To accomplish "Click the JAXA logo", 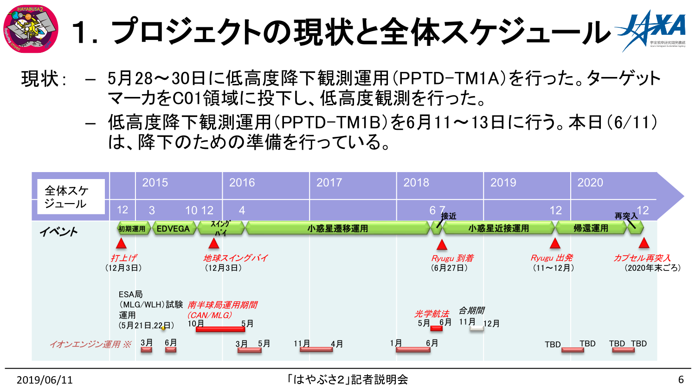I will [x=652, y=30].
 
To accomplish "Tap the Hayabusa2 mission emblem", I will [x=31, y=29].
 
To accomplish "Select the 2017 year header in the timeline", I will [x=329, y=183].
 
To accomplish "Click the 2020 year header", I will [x=590, y=183].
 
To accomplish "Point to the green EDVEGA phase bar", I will [x=174, y=228].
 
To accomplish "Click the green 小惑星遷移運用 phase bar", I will [x=337, y=228].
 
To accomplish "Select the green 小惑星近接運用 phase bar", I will [x=498, y=228].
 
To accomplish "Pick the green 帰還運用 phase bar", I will [x=591, y=228].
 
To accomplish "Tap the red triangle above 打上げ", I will [x=121, y=244].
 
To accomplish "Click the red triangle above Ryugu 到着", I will [x=442, y=244].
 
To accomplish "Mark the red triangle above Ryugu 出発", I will [x=555, y=244].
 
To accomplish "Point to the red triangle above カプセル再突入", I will [x=644, y=243].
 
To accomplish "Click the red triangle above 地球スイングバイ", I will [x=213, y=244].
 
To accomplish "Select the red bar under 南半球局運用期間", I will [x=220, y=329].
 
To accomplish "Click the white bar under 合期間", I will [x=477, y=328].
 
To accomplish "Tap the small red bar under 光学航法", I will [x=436, y=328].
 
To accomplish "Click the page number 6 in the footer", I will [x=681, y=380].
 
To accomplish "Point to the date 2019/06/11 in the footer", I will [x=45, y=380].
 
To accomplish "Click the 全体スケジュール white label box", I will [x=71, y=197].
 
